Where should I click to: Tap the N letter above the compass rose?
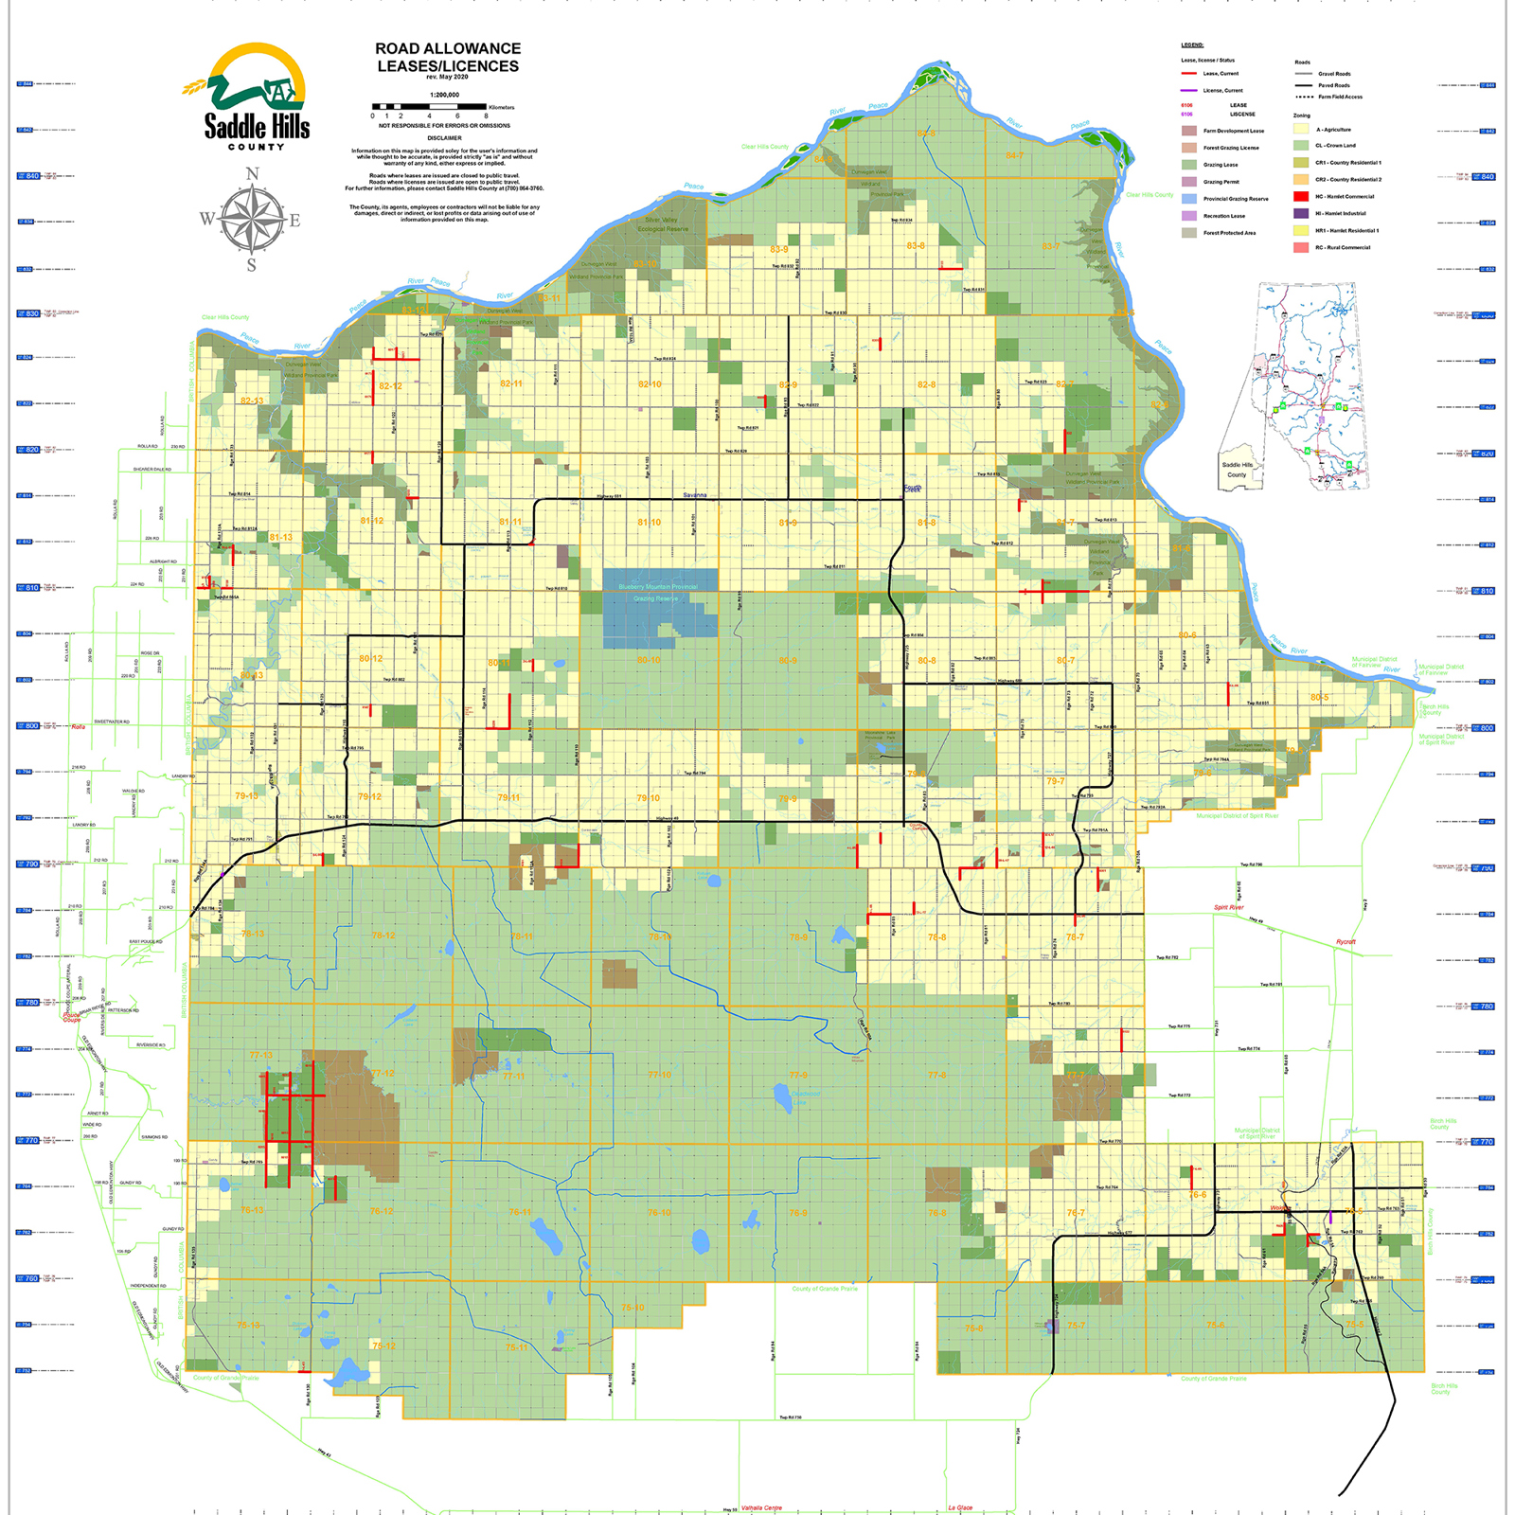(x=252, y=174)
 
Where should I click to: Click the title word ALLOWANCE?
(x=472, y=48)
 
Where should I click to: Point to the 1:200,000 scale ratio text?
(x=444, y=95)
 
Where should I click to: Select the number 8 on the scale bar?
(x=486, y=116)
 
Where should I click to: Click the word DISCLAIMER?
(x=444, y=138)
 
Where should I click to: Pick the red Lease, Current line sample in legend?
(x=1189, y=73)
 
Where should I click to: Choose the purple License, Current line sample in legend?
(x=1189, y=90)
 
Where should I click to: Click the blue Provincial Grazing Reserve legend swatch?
(x=1189, y=199)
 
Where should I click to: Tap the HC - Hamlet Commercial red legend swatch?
(x=1301, y=196)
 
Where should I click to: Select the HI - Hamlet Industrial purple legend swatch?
(x=1301, y=213)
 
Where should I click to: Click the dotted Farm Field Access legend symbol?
(x=1304, y=97)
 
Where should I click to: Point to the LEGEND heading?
(x=1192, y=45)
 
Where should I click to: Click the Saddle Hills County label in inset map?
(x=1237, y=470)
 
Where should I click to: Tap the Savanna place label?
(x=695, y=495)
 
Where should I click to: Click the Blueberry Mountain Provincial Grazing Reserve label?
(x=657, y=593)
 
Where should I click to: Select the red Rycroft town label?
(x=1346, y=942)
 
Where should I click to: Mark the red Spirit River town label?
(x=1229, y=907)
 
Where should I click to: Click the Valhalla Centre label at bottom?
(x=761, y=1507)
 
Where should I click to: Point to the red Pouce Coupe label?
(x=72, y=1017)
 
